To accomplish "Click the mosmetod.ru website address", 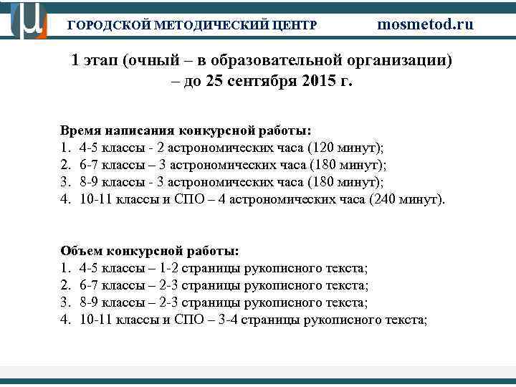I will [425, 24].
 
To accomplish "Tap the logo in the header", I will [29, 20].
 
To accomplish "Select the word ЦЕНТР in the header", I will [295, 25].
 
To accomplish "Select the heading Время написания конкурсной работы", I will [186, 131].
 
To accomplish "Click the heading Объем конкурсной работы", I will [150, 252].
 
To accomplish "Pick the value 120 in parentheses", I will [323, 148].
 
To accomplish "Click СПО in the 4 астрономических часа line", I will [188, 199].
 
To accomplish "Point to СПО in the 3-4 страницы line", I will [188, 319].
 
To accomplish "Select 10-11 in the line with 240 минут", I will [95, 199].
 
